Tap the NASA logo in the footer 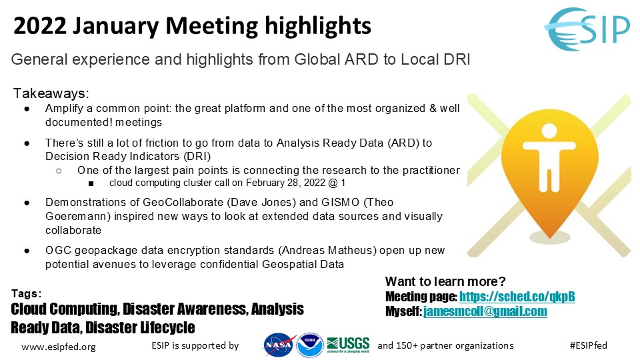coord(279,345)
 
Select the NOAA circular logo coord(310,345)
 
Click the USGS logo coord(348,345)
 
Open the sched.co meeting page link coord(517,296)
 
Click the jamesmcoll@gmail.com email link coord(485,311)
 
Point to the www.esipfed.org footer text coord(59,347)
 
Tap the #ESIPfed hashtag coord(588,345)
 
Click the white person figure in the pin coord(549,157)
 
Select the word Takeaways coord(51,93)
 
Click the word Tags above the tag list coord(26,293)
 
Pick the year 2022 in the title coord(39,25)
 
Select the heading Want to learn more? coord(445,281)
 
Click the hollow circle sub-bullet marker coord(59,171)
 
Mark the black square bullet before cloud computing coord(91,184)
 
